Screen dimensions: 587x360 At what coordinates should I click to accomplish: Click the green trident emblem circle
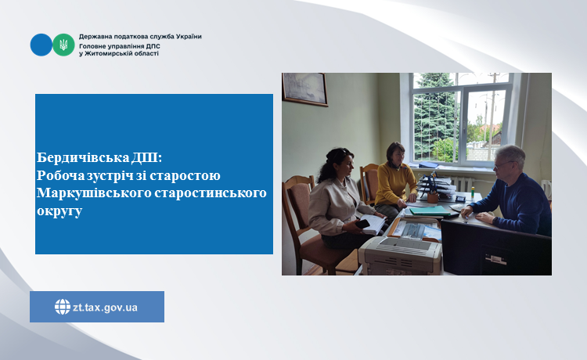pyautogui.click(x=63, y=45)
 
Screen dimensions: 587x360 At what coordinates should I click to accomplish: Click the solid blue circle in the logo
pyautogui.click(x=41, y=45)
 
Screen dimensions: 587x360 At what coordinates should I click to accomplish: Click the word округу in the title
pyautogui.click(x=59, y=211)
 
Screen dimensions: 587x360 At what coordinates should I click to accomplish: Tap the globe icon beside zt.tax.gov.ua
pyautogui.click(x=62, y=307)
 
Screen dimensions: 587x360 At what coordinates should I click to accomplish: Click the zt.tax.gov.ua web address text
pyautogui.click(x=105, y=308)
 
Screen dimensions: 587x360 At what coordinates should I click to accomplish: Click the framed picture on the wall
pyautogui.click(x=304, y=89)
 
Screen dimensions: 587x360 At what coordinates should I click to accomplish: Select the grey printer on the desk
pyautogui.click(x=400, y=256)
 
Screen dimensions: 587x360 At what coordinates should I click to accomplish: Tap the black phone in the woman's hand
pyautogui.click(x=362, y=224)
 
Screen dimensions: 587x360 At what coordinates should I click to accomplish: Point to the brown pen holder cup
pyautogui.click(x=433, y=197)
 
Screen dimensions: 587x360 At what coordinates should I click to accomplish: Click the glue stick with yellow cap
pyautogui.click(x=473, y=193)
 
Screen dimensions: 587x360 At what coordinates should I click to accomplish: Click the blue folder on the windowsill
pyautogui.click(x=429, y=165)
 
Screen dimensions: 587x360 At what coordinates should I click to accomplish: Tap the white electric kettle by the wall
pyautogui.click(x=546, y=189)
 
